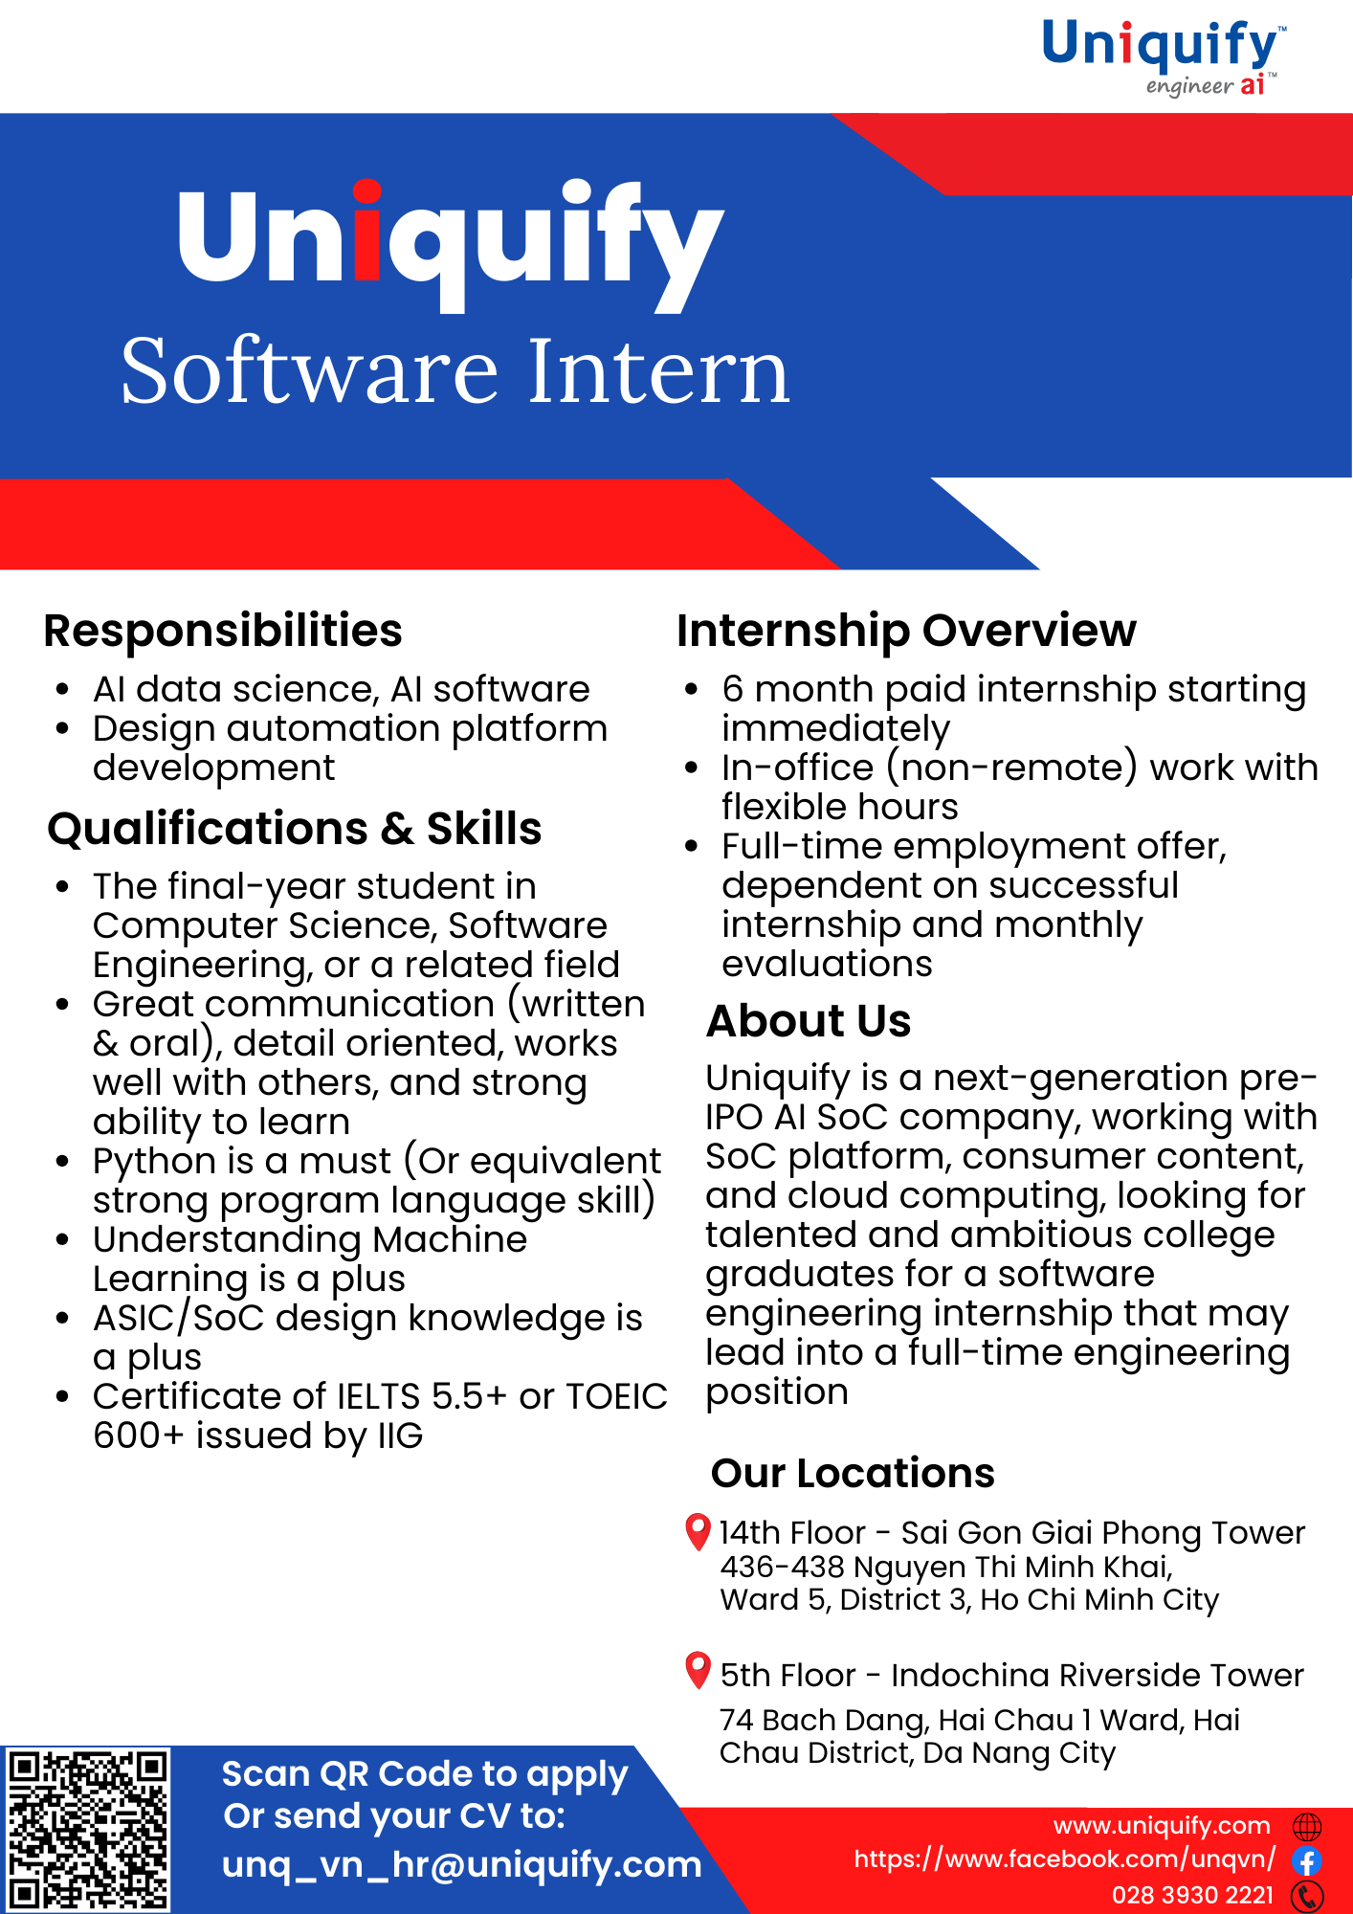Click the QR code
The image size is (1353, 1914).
coord(88,1829)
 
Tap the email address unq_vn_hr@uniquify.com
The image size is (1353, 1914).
coord(462,1864)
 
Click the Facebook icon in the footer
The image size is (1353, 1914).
coord(1307,1861)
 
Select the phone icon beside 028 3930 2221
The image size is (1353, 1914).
coord(1307,1896)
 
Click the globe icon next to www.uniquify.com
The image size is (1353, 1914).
coord(1307,1827)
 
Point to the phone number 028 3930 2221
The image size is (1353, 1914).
coord(1192,1895)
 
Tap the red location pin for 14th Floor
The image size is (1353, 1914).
coord(699,1531)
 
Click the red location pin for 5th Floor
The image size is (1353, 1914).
coord(699,1671)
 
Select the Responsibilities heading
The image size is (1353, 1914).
coord(223,632)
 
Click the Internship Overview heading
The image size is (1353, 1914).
coord(906,631)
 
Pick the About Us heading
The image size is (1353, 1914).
coord(809,1021)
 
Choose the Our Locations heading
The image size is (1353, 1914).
coord(853,1473)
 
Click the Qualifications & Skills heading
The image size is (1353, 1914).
coord(295,829)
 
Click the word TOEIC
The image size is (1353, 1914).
coord(616,1396)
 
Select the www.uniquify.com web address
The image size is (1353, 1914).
coord(1162,1826)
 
